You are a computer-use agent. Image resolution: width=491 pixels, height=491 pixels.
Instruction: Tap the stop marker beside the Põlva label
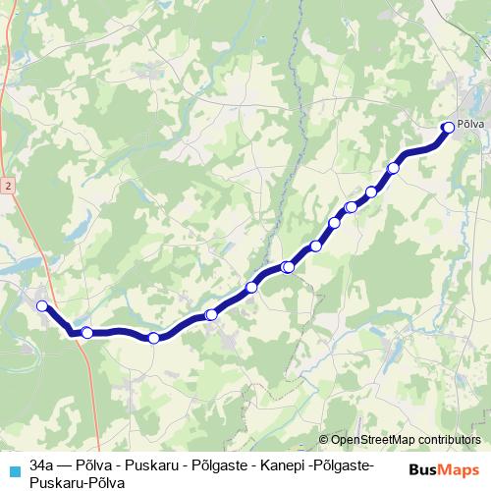[449, 126]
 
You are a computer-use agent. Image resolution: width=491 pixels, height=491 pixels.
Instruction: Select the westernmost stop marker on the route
[42, 306]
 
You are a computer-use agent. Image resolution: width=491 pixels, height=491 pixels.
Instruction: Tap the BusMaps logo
[445, 469]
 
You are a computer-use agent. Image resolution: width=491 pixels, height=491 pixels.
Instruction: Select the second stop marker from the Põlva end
[394, 168]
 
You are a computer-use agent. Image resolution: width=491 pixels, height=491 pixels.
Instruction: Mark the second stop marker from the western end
[86, 333]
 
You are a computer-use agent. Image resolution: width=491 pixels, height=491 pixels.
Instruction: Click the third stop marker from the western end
[153, 339]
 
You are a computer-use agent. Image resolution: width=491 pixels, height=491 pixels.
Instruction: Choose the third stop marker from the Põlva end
[371, 191]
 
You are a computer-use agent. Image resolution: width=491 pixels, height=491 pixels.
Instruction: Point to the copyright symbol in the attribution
[323, 440]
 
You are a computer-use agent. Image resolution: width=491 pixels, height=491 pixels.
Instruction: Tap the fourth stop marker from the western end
[211, 314]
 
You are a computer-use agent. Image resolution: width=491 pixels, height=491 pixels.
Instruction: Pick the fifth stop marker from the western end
[251, 287]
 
